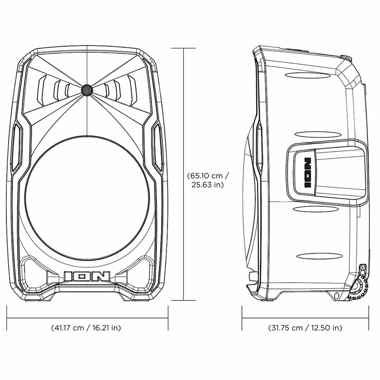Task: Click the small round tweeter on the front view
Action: (x=87, y=89)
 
